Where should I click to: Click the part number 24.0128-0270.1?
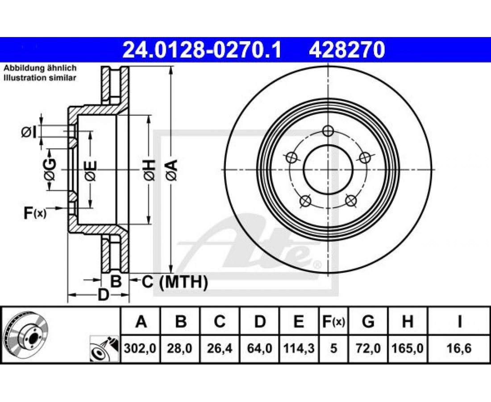[x=202, y=50]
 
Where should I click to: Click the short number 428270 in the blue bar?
[x=347, y=50]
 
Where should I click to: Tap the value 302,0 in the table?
[x=140, y=348]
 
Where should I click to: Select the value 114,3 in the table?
[x=299, y=348]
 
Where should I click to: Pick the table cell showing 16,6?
[x=459, y=348]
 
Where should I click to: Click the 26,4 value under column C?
[x=220, y=348]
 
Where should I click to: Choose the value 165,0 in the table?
[x=408, y=348]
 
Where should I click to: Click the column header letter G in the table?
[x=368, y=321]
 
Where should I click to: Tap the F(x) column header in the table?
[x=333, y=322]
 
